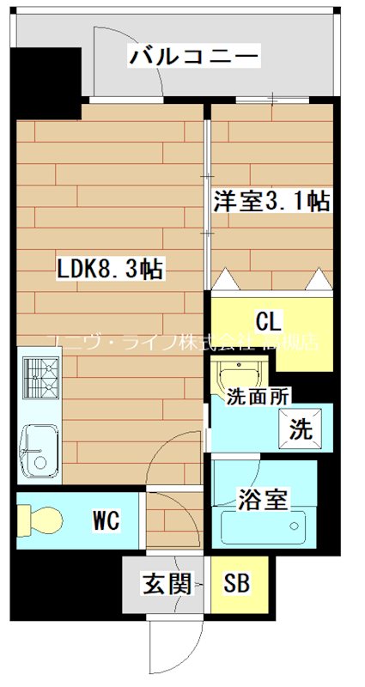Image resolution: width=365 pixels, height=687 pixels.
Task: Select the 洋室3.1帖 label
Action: (x=271, y=203)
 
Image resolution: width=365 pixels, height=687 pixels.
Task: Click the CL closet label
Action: (x=268, y=323)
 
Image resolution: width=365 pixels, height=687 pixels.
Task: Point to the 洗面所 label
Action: (x=258, y=396)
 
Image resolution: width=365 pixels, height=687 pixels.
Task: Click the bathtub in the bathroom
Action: (x=261, y=526)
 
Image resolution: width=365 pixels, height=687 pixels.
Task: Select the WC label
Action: (x=106, y=520)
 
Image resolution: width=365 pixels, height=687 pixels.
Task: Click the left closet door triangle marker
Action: (x=225, y=279)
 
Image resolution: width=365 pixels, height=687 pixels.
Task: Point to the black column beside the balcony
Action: (x=47, y=74)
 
